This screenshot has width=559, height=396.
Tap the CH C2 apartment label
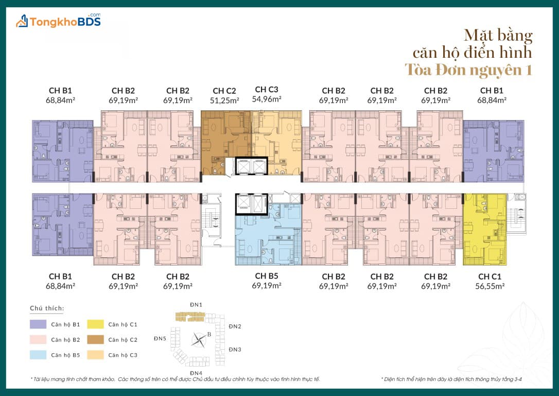point(224,91)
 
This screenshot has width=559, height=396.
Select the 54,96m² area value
point(267,99)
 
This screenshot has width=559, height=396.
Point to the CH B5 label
point(267,276)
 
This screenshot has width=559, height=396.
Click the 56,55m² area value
point(490,286)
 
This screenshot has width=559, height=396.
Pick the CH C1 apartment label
point(490,277)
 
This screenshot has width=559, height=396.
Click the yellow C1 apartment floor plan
point(485,229)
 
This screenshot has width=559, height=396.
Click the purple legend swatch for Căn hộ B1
point(38,324)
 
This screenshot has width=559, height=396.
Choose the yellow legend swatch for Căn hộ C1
point(96,324)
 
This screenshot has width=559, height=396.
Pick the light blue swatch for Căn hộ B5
point(38,355)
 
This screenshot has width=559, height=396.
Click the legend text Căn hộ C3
point(123,355)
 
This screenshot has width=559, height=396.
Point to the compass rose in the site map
point(199,339)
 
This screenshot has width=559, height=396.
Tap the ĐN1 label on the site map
point(196,305)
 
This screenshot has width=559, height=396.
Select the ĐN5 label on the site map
point(160,339)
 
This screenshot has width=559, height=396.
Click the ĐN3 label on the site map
point(235,350)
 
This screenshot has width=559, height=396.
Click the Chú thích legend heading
point(47,308)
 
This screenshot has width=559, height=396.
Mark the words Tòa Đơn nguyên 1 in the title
point(468,70)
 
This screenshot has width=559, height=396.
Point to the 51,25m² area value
point(224,101)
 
